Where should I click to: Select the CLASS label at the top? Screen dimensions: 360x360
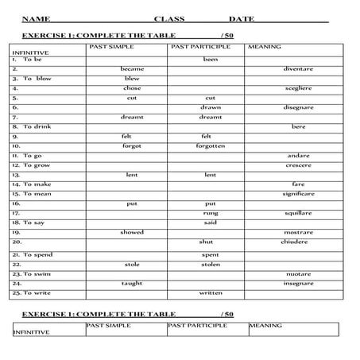169,17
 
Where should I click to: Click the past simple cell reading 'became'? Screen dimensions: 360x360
132,69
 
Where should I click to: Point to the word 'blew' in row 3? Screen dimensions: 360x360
132,79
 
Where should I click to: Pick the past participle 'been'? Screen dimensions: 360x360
210,60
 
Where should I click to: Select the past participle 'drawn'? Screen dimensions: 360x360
210,107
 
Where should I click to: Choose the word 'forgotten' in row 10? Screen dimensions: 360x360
210,146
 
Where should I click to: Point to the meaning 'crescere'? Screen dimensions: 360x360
298,165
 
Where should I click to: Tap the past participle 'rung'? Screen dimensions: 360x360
210,213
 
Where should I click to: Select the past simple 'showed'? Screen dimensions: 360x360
132,232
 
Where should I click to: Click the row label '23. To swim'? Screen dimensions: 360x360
31,273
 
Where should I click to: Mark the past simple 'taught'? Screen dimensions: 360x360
132,283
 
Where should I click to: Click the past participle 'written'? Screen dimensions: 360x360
210,292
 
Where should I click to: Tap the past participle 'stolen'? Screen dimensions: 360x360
210,264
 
